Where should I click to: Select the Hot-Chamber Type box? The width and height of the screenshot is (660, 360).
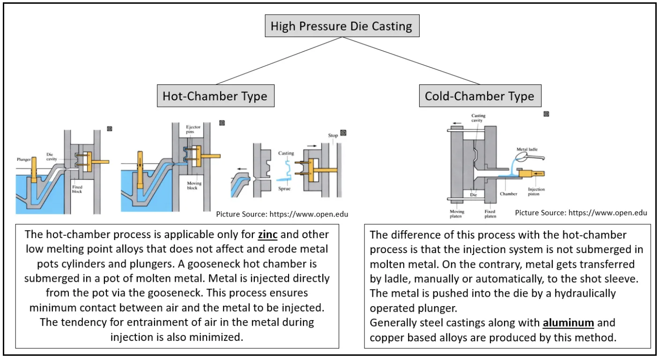215,96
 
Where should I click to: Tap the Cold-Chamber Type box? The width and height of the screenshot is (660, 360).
479,96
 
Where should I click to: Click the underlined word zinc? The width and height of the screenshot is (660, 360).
267,234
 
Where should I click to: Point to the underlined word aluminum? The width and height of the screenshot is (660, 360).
568,323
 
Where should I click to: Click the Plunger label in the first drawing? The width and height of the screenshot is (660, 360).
24,160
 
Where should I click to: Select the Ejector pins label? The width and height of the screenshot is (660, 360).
193,129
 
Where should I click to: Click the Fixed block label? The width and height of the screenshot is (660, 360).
77,189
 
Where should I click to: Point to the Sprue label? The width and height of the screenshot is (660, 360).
284,188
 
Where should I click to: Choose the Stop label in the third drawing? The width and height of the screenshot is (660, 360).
333,135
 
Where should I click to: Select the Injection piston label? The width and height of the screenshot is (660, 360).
536,192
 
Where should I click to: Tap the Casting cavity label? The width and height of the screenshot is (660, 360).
478,118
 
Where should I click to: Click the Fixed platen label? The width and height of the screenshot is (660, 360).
489,214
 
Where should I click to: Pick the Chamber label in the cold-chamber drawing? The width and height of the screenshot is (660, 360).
508,194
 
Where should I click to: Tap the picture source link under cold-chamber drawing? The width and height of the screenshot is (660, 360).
581,213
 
